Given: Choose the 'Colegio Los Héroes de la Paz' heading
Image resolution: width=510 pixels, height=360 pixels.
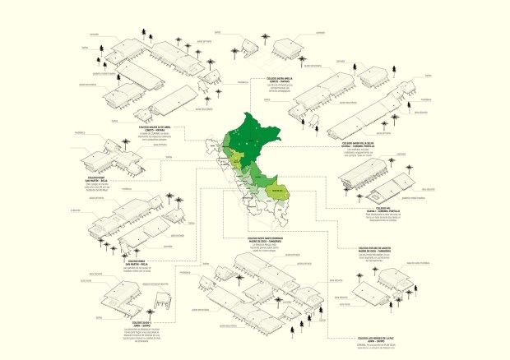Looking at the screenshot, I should point(378,338).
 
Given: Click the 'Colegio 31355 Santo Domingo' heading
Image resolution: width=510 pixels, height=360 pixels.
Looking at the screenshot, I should point(251,238).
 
